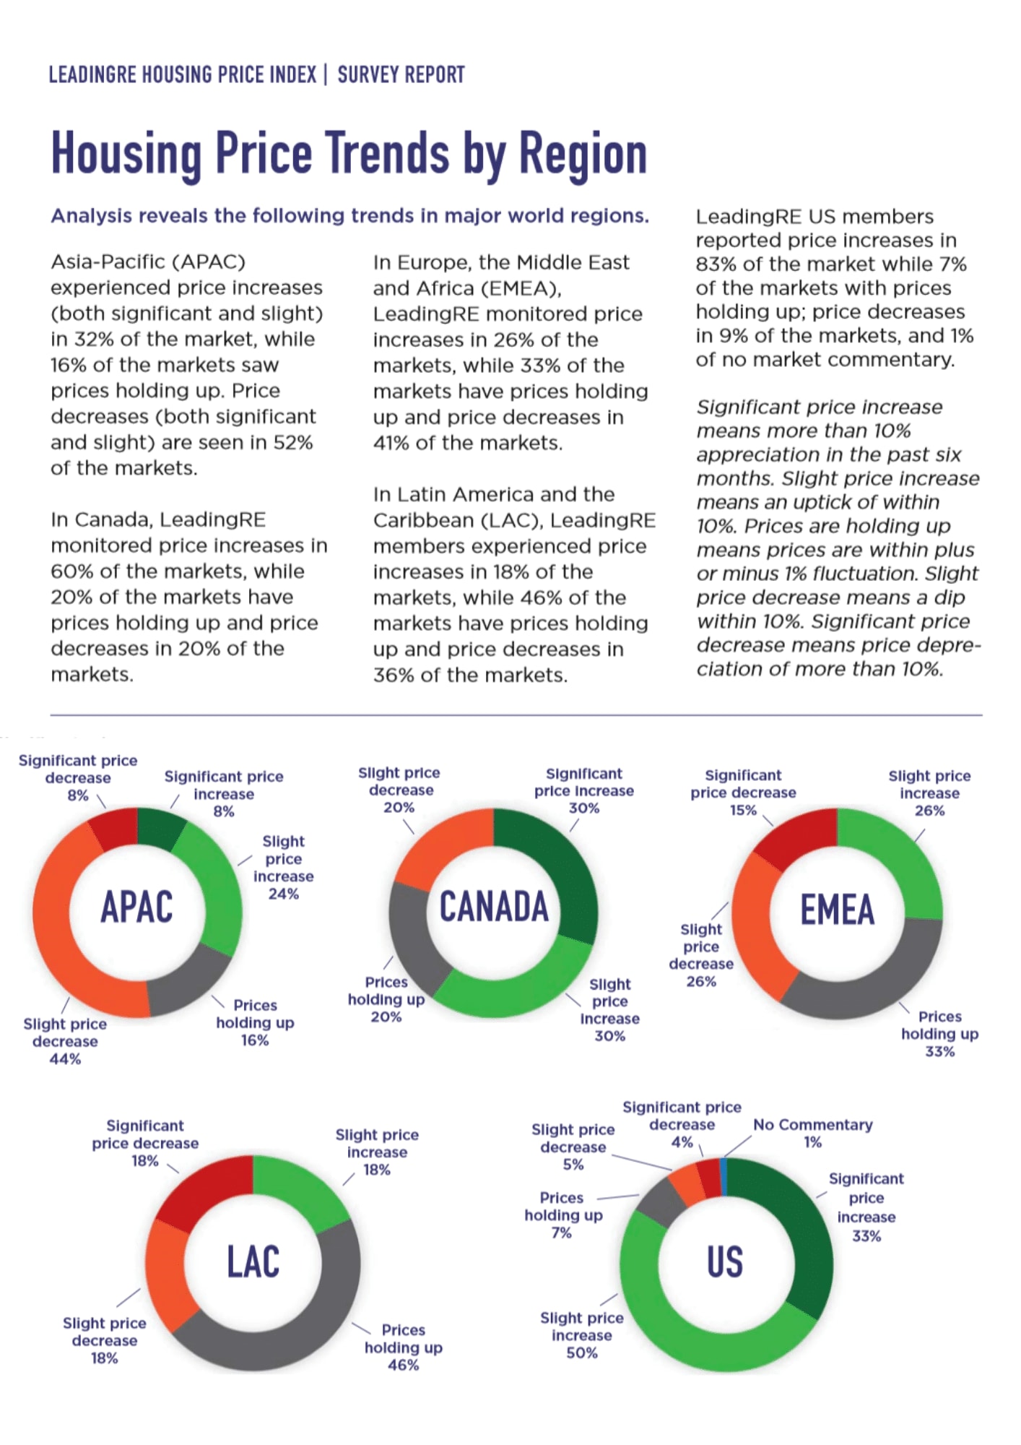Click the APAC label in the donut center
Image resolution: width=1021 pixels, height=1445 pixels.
click(136, 907)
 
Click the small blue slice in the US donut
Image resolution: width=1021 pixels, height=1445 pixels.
click(724, 1176)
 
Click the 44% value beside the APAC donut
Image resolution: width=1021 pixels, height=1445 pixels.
click(65, 1059)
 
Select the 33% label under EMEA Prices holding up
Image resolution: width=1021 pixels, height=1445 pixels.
click(939, 1052)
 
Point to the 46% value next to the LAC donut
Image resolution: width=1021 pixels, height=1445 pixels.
click(403, 1365)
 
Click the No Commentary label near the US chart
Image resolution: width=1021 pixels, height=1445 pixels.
click(812, 1125)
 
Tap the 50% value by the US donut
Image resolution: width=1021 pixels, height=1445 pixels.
click(581, 1353)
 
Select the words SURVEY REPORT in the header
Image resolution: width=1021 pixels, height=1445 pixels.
click(401, 74)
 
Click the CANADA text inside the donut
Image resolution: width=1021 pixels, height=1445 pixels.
click(494, 907)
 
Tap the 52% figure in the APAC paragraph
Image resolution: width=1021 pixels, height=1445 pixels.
click(293, 442)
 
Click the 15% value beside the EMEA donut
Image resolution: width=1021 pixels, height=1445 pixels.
click(742, 810)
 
